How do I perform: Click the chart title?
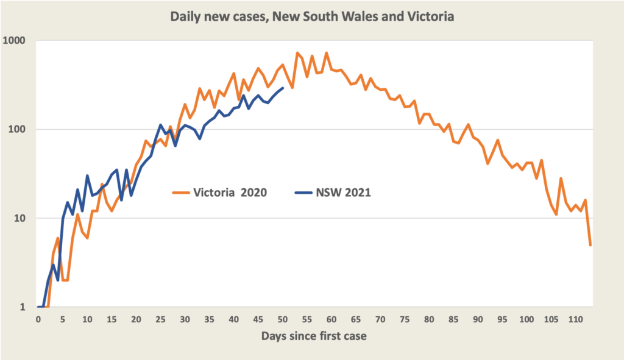[311, 16]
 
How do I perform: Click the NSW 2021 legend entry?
[343, 192]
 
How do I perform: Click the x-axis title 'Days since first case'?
[314, 336]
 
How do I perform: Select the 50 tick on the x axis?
[283, 319]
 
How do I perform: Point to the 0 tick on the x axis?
[38, 319]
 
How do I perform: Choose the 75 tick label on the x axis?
[405, 319]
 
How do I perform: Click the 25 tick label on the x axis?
[160, 319]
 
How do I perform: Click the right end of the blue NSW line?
[283, 88]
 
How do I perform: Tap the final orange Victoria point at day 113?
[590, 245]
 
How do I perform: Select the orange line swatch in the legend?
[181, 192]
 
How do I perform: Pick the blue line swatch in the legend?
[303, 192]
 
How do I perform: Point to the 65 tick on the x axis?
[356, 319]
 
